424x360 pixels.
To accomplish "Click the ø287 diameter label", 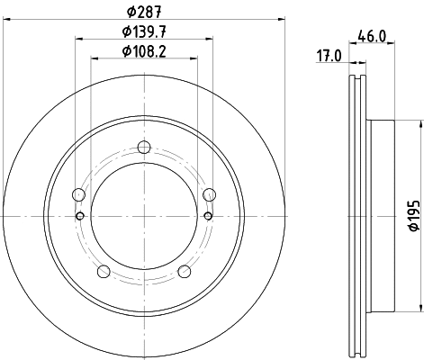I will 144,10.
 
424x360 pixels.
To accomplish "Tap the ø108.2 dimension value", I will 144,50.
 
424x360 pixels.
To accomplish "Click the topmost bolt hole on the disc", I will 144,149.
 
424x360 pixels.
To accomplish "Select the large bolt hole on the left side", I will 78,195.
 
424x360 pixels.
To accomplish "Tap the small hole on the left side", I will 80,216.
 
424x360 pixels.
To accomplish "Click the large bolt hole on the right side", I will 210,195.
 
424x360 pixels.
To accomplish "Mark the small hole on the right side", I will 208,216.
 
